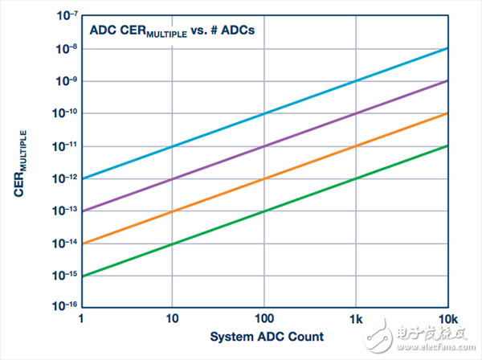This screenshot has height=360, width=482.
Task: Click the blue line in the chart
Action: click(265, 113)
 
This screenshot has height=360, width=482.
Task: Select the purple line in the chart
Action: click(265, 145)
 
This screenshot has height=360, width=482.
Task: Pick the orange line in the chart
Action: click(265, 178)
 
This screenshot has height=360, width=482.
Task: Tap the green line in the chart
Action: click(265, 211)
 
